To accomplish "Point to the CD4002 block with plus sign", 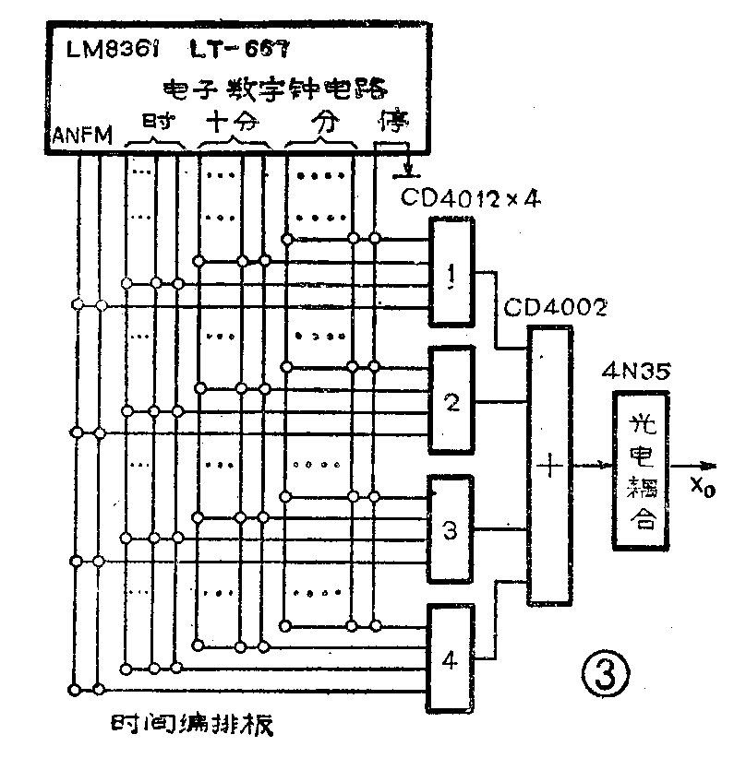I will point(549,465).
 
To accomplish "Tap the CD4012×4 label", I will point(470,197).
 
